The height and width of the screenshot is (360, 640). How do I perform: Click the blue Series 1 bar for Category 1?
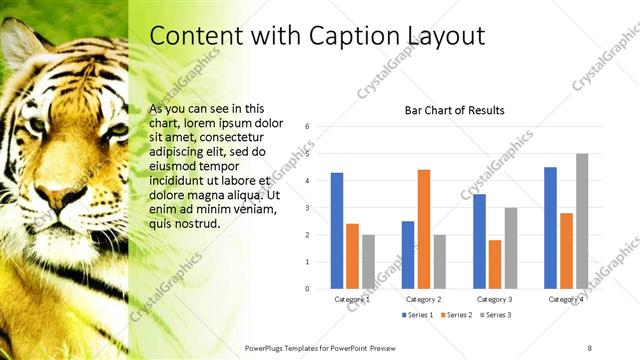pyautogui.click(x=337, y=231)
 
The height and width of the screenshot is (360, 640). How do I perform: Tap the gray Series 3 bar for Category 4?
pyautogui.click(x=582, y=221)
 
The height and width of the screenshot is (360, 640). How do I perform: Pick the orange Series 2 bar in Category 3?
pyautogui.click(x=495, y=264)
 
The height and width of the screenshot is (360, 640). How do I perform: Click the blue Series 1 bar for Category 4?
pyautogui.click(x=550, y=228)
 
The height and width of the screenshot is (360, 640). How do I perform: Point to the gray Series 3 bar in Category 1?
pyautogui.click(x=368, y=262)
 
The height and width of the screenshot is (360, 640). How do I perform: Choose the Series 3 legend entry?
pyautogui.click(x=498, y=315)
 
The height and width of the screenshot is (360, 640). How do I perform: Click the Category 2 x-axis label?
pyautogui.click(x=424, y=299)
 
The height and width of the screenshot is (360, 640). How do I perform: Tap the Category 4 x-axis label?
pyautogui.click(x=566, y=299)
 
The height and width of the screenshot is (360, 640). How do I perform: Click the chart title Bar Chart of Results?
pyautogui.click(x=453, y=110)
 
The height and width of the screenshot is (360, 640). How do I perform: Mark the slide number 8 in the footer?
pyautogui.click(x=589, y=346)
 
